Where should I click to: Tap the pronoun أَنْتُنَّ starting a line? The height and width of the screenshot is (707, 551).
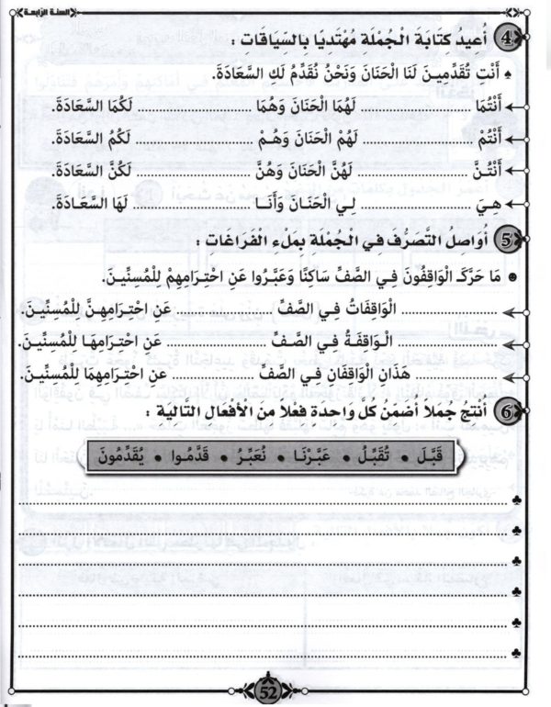(x=488, y=173)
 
